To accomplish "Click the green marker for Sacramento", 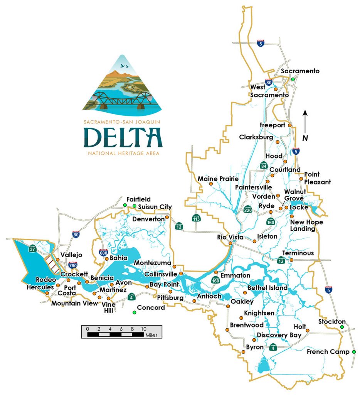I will coord(293,79).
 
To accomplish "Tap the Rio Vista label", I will coord(230,236).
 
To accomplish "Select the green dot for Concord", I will coord(134,312).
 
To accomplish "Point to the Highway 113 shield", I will coord(197,218).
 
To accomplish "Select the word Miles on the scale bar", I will coord(151,335).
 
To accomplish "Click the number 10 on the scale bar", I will coord(143,329).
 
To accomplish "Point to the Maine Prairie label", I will coord(218,179).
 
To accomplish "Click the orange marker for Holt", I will coord(308,331).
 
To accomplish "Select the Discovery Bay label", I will coord(279,335).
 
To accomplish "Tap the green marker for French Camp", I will coord(354,352).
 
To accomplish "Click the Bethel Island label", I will coord(267,288).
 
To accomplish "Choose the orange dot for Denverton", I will coord(167,218).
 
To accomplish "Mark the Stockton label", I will coord(332,322).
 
